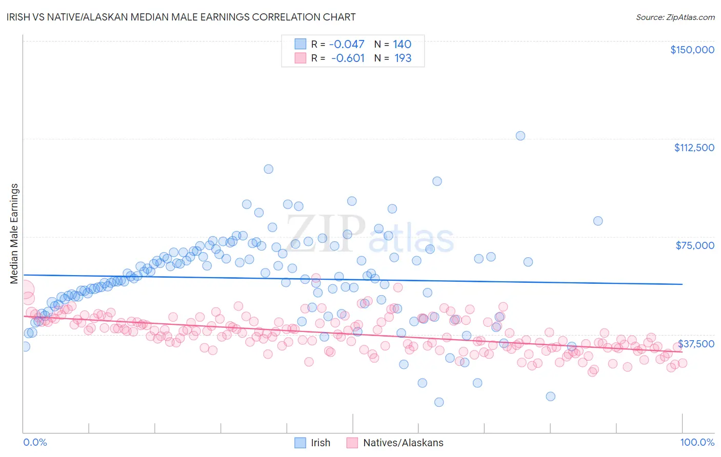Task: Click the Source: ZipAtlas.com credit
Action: [675, 17]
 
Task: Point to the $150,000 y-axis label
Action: [692, 50]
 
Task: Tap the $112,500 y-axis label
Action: [694, 148]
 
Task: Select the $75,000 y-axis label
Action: [694, 245]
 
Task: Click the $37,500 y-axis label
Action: [696, 343]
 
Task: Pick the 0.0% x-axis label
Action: [35, 442]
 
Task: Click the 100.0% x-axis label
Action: [697, 442]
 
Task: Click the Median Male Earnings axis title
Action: [14, 233]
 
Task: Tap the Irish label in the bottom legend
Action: [320, 443]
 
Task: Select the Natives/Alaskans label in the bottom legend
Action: [403, 443]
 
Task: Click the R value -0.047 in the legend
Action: [347, 45]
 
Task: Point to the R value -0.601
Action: [348, 58]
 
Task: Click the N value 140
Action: [402, 45]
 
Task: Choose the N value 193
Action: [403, 58]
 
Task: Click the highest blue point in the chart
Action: [520, 136]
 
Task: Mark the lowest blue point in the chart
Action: [439, 402]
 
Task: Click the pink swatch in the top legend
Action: [300, 58]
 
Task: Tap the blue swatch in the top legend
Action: [300, 44]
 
